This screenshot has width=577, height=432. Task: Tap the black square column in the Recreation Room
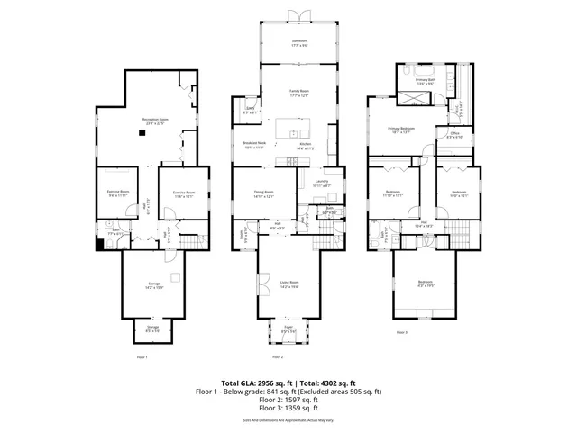pos(142,133)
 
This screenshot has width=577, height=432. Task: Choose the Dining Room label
pos(263,193)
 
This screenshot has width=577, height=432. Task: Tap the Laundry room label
pos(322,183)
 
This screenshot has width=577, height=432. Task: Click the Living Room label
pos(288,283)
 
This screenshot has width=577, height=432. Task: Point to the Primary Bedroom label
pos(400,130)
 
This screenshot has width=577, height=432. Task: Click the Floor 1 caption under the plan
pos(142,357)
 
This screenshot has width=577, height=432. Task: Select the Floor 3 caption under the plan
pos(401,332)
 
